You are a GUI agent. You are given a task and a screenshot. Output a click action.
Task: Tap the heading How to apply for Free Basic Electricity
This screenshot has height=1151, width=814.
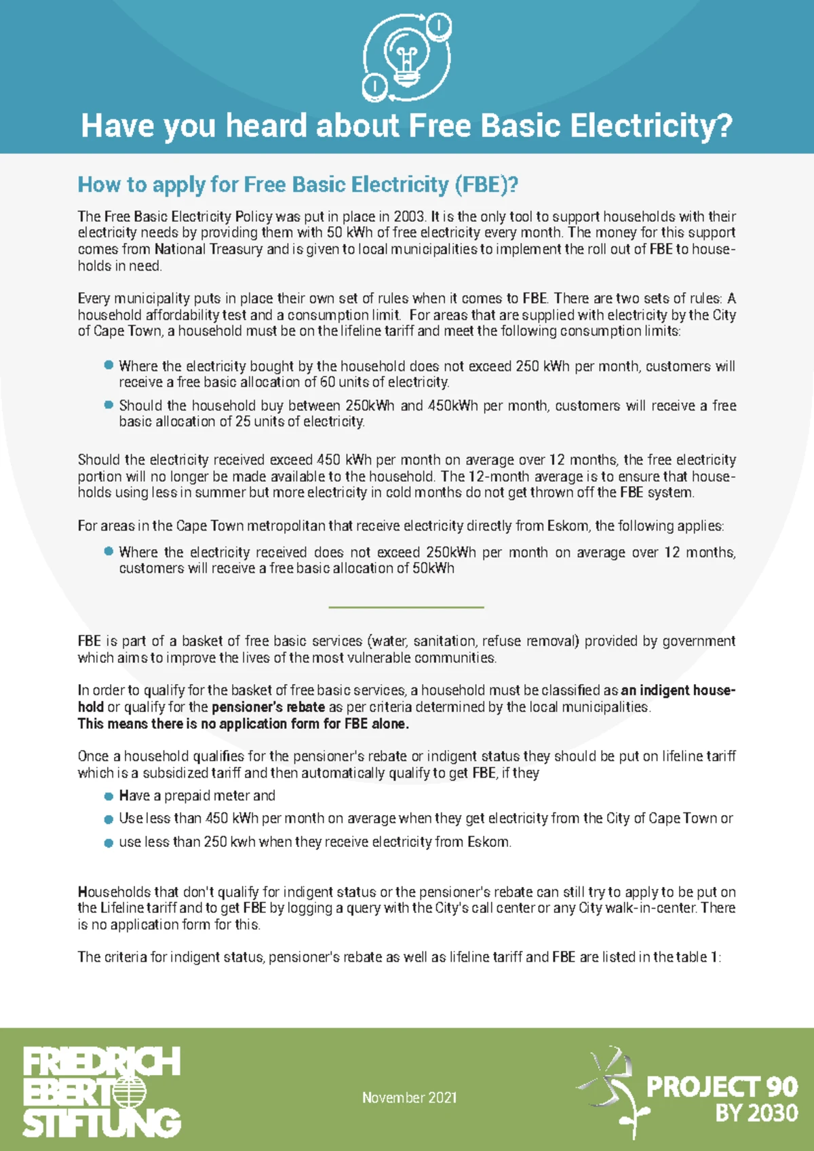298,185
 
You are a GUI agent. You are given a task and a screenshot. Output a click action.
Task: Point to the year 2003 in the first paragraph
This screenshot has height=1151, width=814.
409,216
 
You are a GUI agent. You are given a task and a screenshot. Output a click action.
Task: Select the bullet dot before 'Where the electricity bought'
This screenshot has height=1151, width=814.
109,365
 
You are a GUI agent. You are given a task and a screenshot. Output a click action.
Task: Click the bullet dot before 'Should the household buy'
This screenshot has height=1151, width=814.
109,404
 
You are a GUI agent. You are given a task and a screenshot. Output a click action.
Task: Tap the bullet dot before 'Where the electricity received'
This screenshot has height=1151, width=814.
109,551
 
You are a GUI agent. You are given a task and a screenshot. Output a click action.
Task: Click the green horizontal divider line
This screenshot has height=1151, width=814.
406,607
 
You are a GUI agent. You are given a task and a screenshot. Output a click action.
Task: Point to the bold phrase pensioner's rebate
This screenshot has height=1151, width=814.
268,706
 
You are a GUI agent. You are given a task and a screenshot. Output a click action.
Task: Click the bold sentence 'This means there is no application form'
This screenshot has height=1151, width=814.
243,723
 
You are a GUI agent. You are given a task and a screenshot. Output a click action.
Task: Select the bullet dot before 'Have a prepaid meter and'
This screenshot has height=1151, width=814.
109,796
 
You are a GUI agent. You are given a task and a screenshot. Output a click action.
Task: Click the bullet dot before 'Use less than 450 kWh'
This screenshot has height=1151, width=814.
109,819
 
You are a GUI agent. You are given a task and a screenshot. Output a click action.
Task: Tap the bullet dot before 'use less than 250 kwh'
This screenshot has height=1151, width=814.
109,842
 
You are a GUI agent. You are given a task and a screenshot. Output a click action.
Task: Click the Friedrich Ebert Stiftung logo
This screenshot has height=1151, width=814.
102,1092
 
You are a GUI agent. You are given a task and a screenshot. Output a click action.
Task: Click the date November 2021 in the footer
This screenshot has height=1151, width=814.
409,1097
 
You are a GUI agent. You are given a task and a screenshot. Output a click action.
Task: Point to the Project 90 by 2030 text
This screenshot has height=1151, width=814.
722,1098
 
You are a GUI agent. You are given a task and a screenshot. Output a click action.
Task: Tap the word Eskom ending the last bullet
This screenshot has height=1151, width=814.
488,842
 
